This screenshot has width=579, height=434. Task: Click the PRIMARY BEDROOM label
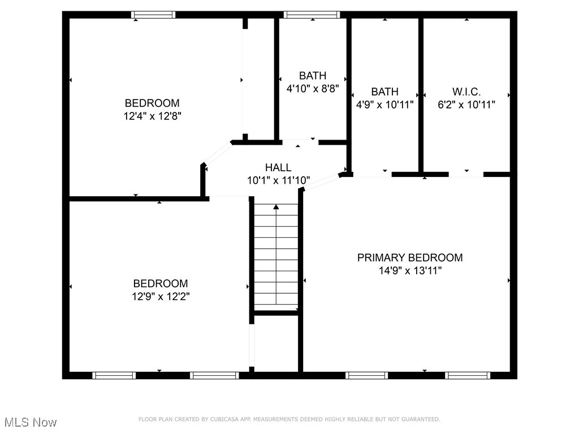(x=410, y=258)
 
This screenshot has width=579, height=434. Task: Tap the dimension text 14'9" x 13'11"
(x=410, y=271)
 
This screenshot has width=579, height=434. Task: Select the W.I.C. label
(x=466, y=92)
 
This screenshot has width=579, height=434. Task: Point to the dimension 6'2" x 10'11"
(x=466, y=105)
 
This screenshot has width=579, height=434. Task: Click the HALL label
(x=278, y=167)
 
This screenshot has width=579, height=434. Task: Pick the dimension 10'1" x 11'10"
(x=278, y=181)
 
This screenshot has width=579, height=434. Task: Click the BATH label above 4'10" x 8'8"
(x=313, y=76)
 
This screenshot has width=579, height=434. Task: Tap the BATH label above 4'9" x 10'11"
(x=384, y=92)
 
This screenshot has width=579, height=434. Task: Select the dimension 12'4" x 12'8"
(x=152, y=116)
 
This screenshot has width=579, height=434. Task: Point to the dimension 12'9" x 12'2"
(x=161, y=296)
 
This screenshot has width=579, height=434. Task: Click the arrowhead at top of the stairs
(x=276, y=207)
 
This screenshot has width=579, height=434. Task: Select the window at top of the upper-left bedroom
(x=153, y=15)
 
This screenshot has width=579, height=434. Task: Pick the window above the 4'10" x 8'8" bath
(x=312, y=15)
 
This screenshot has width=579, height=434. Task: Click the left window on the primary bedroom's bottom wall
(x=366, y=375)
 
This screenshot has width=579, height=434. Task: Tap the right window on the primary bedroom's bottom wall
(x=468, y=375)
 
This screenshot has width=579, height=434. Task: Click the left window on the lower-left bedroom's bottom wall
(x=114, y=375)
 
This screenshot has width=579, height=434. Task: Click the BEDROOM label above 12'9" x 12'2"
(x=161, y=284)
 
